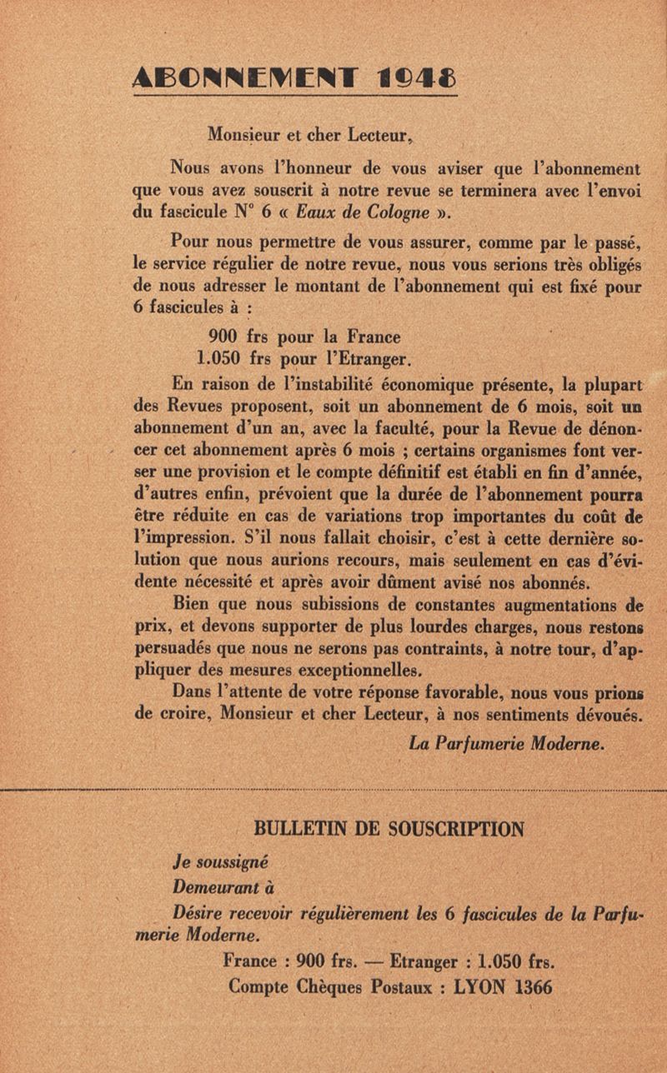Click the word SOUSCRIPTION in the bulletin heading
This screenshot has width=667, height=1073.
(x=447, y=829)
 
